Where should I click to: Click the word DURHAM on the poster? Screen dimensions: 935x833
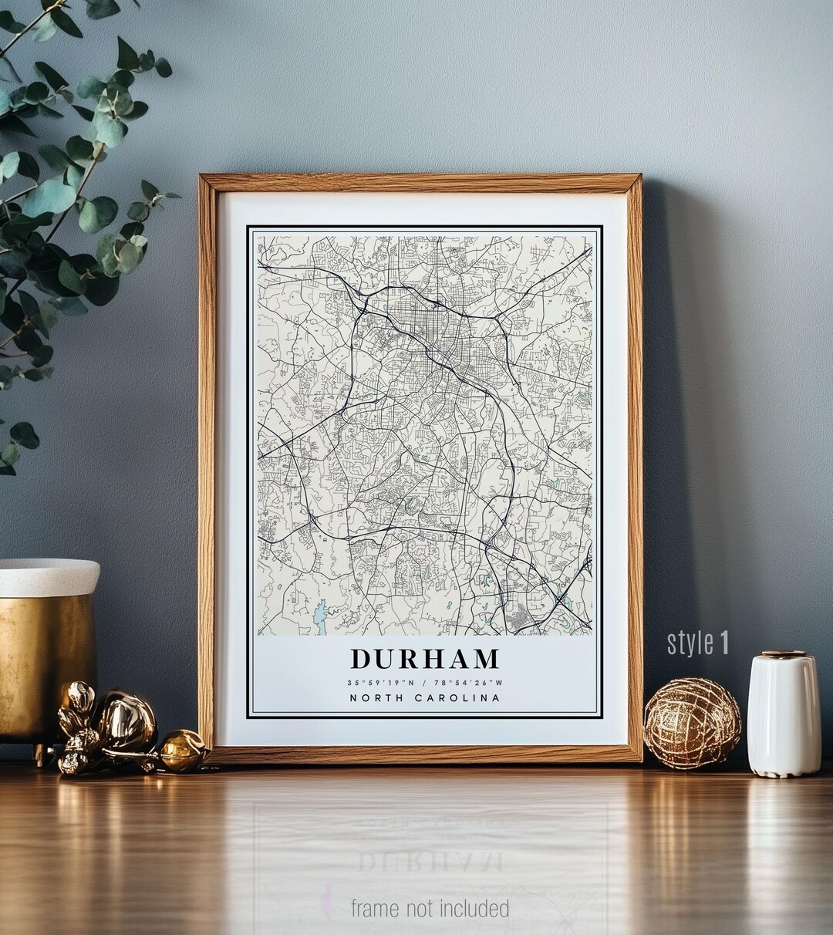425,659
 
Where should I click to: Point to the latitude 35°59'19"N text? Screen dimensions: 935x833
380,682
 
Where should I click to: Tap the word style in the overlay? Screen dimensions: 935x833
690,643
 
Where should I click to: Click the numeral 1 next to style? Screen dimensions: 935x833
723,643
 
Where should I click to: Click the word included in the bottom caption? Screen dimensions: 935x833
474,908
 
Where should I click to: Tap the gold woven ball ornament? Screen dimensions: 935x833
692,723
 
